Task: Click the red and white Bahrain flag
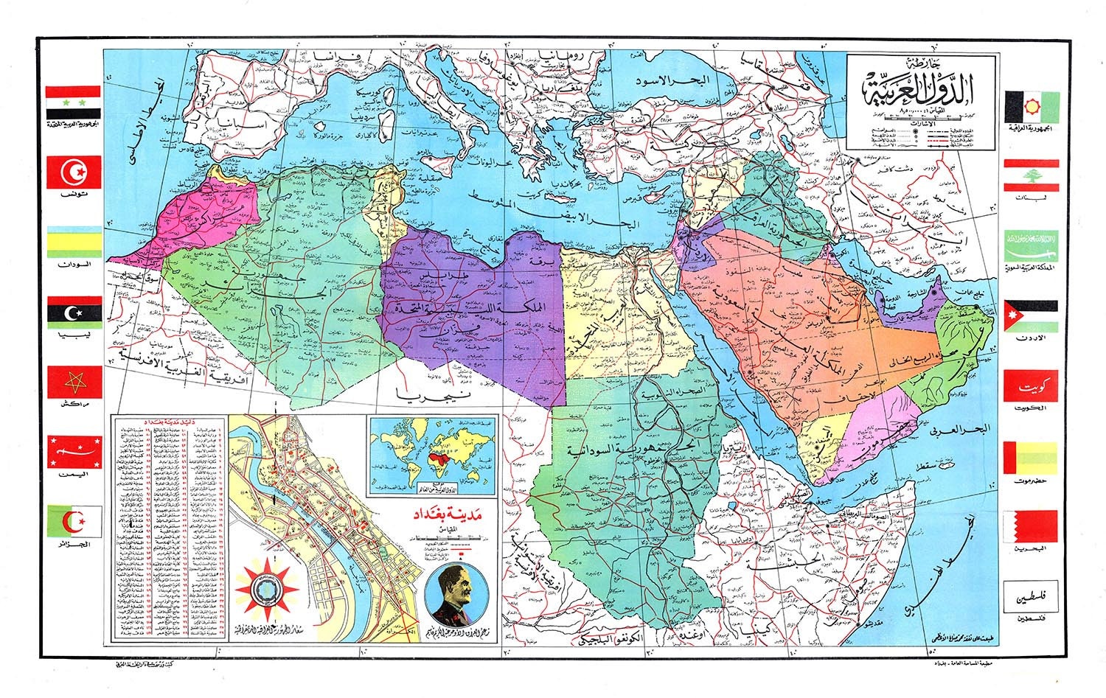click(x=1030, y=526)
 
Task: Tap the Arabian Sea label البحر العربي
click(x=959, y=428)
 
